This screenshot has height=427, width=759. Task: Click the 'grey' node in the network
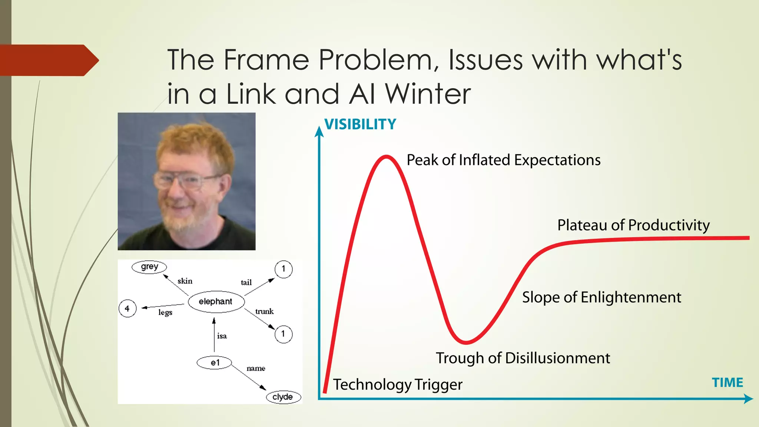[149, 267]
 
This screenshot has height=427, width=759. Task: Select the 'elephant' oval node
[216, 302]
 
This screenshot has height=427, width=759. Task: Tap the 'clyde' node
[283, 397]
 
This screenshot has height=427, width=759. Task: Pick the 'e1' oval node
[214, 363]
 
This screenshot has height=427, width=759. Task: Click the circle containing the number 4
[127, 308]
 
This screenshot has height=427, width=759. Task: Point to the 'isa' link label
[222, 336]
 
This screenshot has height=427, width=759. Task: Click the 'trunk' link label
[264, 312]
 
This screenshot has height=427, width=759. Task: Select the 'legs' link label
[165, 312]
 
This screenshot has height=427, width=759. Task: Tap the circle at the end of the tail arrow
[284, 269]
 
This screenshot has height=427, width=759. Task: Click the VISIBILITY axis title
[360, 124]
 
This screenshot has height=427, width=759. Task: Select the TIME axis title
[727, 383]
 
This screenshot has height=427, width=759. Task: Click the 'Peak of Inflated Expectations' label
[503, 160]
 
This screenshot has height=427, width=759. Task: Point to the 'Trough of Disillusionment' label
[523, 358]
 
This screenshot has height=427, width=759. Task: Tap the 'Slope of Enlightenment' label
[601, 297]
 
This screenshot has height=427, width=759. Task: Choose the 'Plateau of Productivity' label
[633, 225]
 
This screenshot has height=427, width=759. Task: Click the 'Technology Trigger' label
[398, 384]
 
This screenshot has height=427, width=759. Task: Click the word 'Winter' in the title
[428, 94]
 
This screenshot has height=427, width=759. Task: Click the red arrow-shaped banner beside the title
[48, 60]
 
